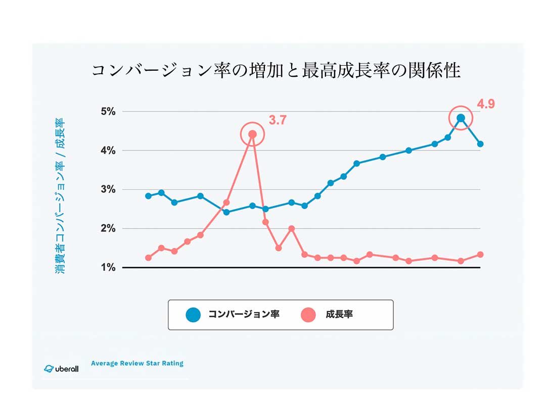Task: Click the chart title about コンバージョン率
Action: tap(276, 71)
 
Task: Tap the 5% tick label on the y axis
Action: tap(107, 112)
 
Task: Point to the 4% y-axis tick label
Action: tap(107, 150)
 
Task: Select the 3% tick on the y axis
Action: tap(107, 189)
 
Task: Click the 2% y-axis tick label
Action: tap(107, 228)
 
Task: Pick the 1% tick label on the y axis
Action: tap(107, 267)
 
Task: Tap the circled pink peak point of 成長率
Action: tap(252, 134)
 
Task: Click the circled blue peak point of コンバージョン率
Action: tap(461, 118)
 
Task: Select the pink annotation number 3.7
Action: tap(278, 121)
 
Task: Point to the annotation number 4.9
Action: tap(486, 105)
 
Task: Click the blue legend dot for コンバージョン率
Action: tap(193, 315)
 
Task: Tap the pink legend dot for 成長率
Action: tap(308, 315)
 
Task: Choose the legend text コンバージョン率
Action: tap(244, 315)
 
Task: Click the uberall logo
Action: tap(61, 368)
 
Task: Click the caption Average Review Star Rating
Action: tap(137, 363)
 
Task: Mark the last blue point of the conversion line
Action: tap(480, 144)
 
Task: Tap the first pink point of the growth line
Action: tap(148, 258)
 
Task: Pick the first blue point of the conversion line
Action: tap(148, 196)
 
